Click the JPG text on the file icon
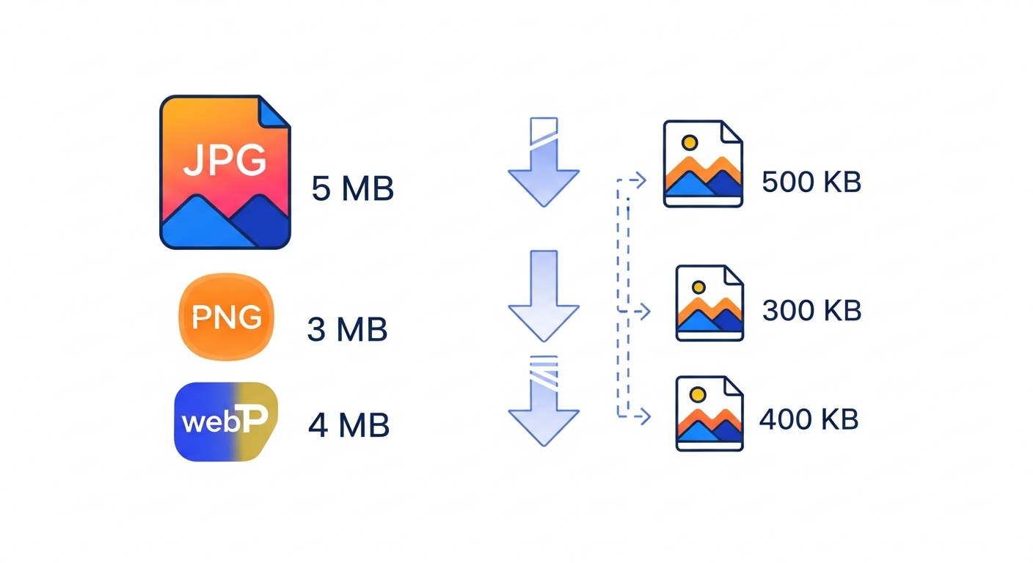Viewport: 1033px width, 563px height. point(225,161)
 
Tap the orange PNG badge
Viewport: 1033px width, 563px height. point(227,317)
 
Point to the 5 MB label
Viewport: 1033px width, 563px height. point(353,189)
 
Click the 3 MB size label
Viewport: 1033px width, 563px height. point(347,330)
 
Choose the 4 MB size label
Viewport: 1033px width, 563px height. point(348,425)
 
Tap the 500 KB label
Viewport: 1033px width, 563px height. point(811,182)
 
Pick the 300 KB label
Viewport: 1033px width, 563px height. point(811,311)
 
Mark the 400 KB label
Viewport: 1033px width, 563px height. point(808,420)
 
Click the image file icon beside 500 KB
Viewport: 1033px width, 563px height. point(703,164)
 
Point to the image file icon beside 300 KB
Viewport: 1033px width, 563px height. point(709,303)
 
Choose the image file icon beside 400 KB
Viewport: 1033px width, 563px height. point(709,413)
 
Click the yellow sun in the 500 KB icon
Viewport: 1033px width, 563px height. point(688,142)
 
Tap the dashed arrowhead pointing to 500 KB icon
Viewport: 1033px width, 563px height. point(640,180)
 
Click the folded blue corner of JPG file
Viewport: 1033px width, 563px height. point(275,112)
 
